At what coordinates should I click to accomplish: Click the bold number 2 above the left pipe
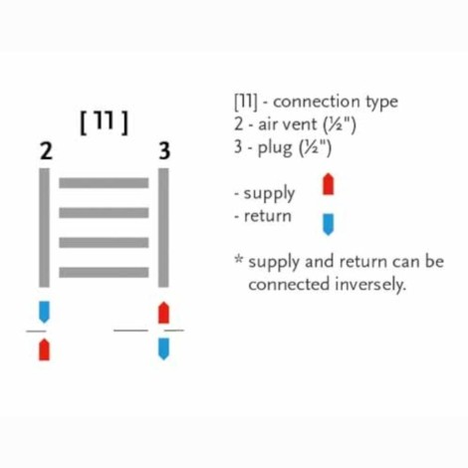(46, 151)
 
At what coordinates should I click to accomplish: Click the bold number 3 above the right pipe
(164, 151)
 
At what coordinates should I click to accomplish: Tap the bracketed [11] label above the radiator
(104, 122)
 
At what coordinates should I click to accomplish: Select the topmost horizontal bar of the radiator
(104, 183)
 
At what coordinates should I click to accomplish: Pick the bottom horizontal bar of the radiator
(104, 272)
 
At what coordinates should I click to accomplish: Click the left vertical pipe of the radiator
(44, 228)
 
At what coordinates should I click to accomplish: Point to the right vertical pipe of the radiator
(163, 228)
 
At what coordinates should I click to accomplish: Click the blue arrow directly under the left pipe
(44, 312)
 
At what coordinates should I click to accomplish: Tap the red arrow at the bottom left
(44, 350)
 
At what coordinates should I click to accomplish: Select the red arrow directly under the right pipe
(163, 313)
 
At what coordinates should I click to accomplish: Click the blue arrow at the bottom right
(163, 349)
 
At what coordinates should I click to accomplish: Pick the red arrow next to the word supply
(329, 184)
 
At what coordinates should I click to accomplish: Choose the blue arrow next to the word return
(329, 225)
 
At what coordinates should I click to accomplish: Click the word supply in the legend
(269, 194)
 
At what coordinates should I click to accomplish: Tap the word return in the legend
(268, 216)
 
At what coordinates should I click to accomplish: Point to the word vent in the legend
(301, 124)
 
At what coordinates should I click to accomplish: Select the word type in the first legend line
(381, 103)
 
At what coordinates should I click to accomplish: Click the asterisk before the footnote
(239, 259)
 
